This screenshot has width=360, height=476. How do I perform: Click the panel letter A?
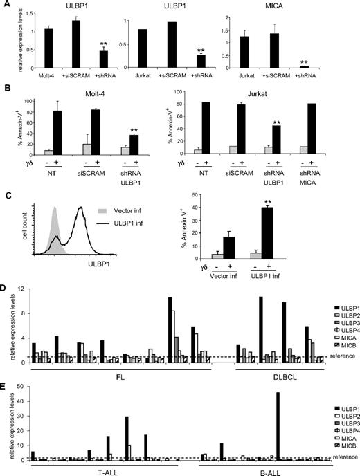coord(6,6)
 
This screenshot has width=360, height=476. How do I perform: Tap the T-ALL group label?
coord(96,471)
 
